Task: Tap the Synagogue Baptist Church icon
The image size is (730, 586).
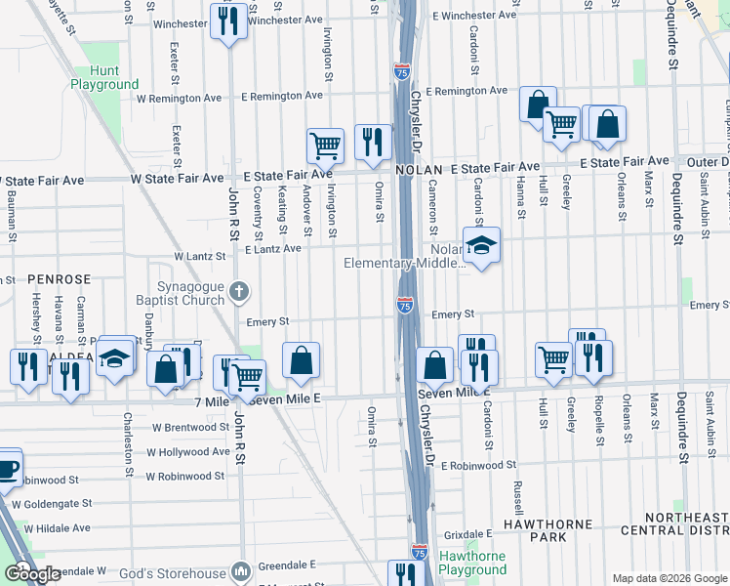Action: [240, 290]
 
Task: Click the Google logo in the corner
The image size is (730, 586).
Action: [32, 574]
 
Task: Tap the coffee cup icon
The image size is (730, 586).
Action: [6, 467]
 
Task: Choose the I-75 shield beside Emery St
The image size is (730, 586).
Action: [405, 307]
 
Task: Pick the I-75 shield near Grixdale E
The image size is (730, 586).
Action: [420, 552]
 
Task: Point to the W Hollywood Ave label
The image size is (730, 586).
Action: [188, 452]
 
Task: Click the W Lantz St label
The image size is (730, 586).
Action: [199, 256]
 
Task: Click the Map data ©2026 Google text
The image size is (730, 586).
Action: [668, 578]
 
